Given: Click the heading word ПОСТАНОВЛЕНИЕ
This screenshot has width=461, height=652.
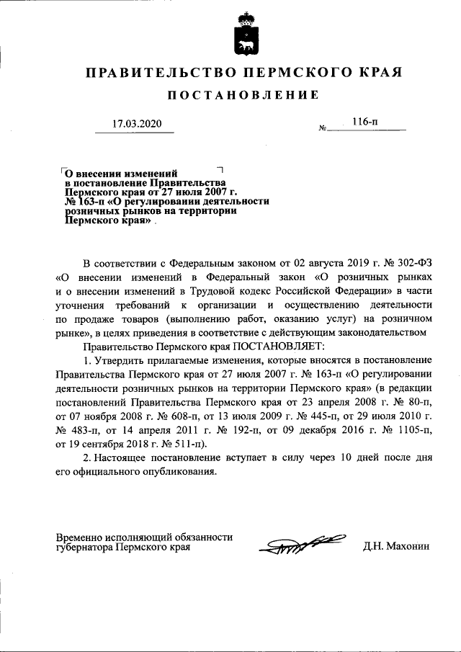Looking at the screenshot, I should pyautogui.click(x=243, y=95).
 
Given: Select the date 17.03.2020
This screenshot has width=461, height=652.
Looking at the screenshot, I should pyautogui.click(x=138, y=124).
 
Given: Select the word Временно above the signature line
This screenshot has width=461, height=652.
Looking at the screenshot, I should pyautogui.click(x=79, y=536).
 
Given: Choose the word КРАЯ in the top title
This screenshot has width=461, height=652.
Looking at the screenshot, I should pyautogui.click(x=377, y=73).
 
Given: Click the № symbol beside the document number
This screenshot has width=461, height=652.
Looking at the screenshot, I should pyautogui.click(x=322, y=128).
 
